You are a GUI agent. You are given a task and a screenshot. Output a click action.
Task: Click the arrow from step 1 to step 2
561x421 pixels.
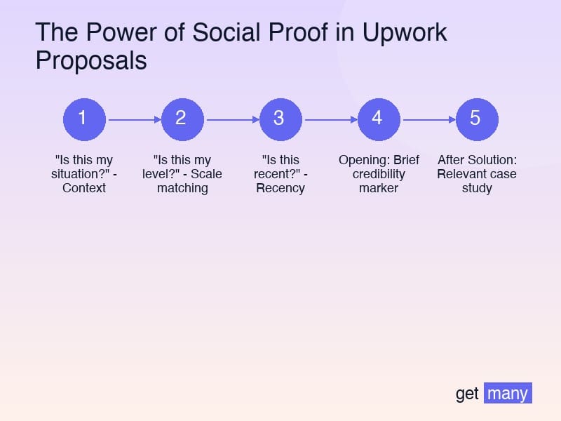click(133, 119)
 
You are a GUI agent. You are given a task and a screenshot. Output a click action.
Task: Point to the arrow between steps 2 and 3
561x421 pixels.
click(231, 119)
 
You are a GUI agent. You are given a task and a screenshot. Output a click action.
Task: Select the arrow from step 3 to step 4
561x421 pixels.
click(330, 119)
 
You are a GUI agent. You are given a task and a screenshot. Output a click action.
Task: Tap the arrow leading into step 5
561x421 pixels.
click(428, 119)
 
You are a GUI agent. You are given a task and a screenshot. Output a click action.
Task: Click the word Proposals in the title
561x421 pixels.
click(91, 61)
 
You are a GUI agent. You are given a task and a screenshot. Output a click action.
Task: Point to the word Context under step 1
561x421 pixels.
click(84, 188)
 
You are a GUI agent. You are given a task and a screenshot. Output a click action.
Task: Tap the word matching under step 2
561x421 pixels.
click(182, 188)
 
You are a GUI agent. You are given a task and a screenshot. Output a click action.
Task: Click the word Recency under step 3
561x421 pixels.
click(280, 188)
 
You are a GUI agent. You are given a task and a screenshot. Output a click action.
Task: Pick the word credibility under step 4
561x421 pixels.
click(379, 174)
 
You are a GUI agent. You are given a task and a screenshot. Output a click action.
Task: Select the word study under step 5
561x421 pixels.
click(477, 188)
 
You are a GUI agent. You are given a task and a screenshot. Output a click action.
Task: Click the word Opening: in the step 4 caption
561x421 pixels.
click(364, 160)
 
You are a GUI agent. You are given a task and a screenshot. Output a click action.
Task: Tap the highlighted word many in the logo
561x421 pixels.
click(508, 394)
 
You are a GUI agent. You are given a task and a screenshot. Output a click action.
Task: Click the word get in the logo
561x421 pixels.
click(467, 394)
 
